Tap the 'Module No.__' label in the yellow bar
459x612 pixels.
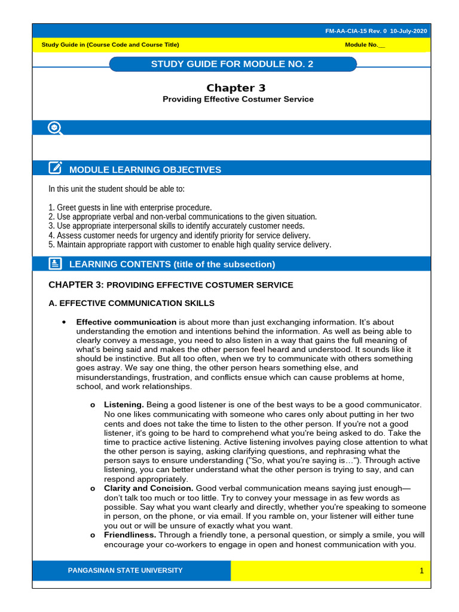[x=365, y=45]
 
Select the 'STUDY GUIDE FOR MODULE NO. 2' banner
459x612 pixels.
[x=232, y=64]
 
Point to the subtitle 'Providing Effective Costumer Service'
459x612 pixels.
[x=238, y=99]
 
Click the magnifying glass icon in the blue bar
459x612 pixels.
[x=55, y=128]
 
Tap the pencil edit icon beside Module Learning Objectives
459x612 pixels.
[x=55, y=169]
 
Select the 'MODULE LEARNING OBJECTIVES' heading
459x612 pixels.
[x=145, y=170]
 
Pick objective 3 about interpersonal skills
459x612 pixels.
[x=176, y=226]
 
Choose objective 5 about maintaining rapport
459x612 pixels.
[x=189, y=244]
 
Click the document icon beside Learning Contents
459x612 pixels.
[x=55, y=264]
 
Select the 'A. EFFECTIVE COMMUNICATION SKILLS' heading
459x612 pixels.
[x=131, y=303]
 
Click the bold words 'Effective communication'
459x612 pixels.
[x=126, y=322]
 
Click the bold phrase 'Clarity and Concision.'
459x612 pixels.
[x=148, y=488]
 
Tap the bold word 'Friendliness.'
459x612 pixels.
[x=130, y=535]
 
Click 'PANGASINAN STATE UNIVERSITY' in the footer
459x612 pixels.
[x=126, y=570]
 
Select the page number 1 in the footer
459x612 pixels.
[x=421, y=571]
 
